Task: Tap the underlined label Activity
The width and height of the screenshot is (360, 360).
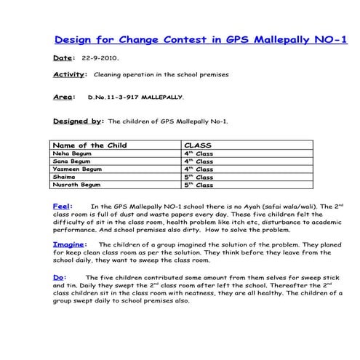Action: pyautogui.click(x=69, y=74)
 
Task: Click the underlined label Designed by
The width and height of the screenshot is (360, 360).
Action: pyautogui.click(x=78, y=121)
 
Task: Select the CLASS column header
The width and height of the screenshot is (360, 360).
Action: pyautogui.click(x=198, y=145)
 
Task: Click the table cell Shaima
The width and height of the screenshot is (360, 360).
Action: pyautogui.click(x=65, y=177)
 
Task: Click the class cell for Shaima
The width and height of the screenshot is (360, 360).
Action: pyautogui.click(x=199, y=177)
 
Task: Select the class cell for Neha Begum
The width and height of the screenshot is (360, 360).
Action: pyautogui.click(x=199, y=153)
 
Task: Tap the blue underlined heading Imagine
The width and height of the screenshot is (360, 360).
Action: pyautogui.click(x=70, y=244)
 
